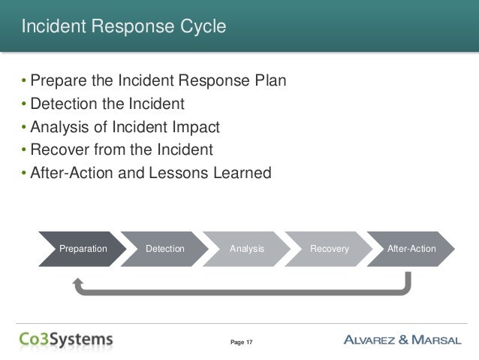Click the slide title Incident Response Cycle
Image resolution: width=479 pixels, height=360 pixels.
tap(123, 28)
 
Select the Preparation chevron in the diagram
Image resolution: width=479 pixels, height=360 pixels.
tap(83, 248)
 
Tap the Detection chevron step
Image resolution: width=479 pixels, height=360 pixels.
tap(164, 248)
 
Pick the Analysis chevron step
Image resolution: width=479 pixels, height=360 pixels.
tap(247, 248)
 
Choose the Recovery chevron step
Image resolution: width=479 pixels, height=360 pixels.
tap(330, 248)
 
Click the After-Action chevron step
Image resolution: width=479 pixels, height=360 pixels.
tap(411, 248)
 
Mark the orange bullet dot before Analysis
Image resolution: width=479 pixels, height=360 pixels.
tap(23, 126)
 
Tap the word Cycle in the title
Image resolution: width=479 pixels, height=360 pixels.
tap(200, 28)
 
